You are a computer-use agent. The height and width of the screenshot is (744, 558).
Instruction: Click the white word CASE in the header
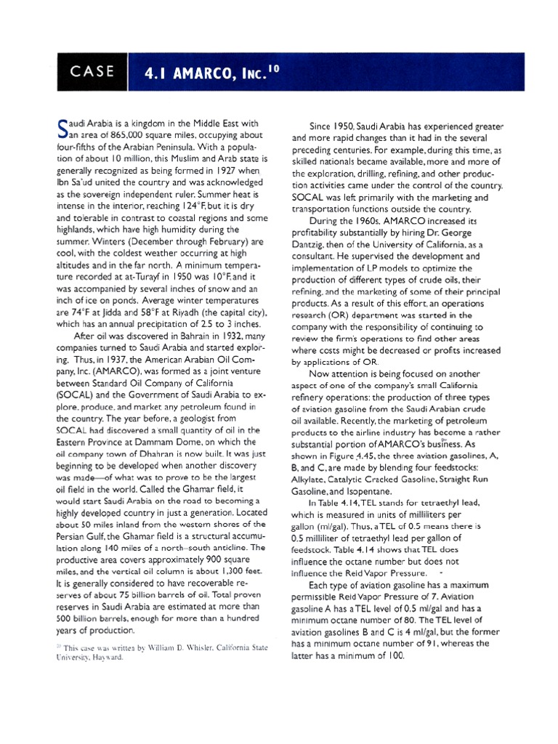tap(92, 70)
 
